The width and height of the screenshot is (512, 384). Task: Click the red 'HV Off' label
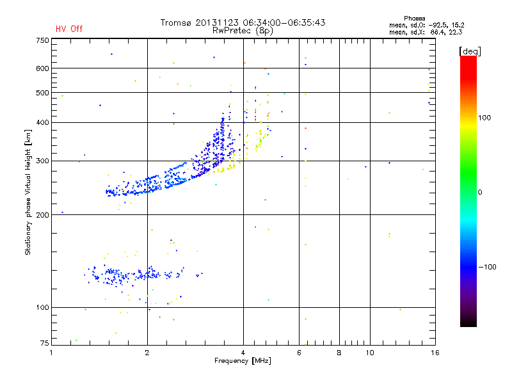pos(68,29)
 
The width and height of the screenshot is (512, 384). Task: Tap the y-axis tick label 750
pos(42,40)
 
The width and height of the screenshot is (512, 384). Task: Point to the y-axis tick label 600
pos(42,68)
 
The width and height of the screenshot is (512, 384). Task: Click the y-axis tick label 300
pos(42,161)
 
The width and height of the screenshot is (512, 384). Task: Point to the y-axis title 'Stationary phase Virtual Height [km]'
pos(28,192)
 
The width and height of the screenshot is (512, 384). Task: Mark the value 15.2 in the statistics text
pos(456,25)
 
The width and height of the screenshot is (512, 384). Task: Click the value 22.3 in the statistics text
pos(456,31)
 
